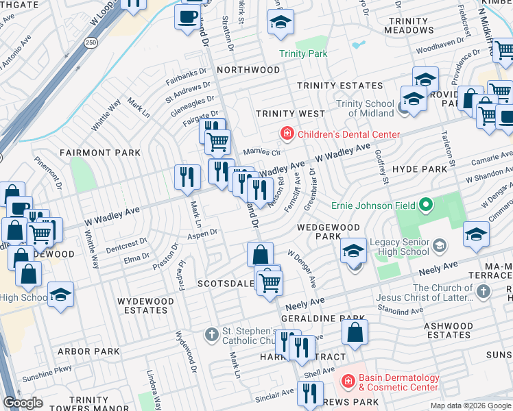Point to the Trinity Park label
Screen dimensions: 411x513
(x=302, y=53)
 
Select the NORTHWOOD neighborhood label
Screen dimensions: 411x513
(x=248, y=70)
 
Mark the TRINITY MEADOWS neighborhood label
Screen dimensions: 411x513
(x=408, y=25)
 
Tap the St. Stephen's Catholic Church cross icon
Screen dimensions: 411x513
(x=212, y=334)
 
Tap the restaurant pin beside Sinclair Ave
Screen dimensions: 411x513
(x=310, y=393)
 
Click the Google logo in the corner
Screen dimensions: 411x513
(x=23, y=403)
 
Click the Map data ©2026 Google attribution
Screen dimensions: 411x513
(x=470, y=406)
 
